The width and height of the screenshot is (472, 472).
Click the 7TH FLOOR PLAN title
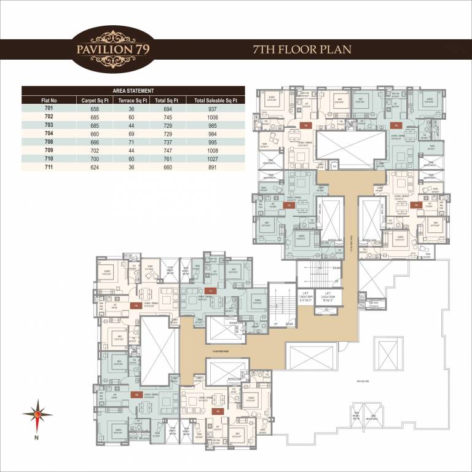(x=302, y=49)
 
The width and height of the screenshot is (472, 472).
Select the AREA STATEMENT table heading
(x=133, y=90)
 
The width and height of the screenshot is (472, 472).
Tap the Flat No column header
(x=49, y=100)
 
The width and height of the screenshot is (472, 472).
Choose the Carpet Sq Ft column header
(x=94, y=100)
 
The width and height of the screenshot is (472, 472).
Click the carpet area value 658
(x=94, y=108)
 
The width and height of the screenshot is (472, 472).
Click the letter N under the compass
(x=37, y=438)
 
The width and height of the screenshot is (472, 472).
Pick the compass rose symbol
(x=37, y=415)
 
